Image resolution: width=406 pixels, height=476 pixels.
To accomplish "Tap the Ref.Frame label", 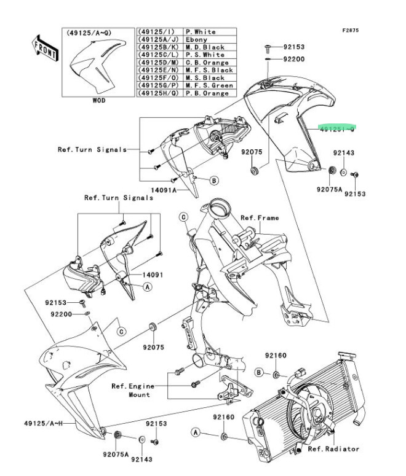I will (260, 217).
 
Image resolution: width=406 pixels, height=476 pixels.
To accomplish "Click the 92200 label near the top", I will (293, 60).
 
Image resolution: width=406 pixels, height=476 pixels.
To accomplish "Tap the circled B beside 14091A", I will (213, 181).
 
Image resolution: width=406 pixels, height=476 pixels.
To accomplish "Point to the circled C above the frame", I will (183, 216).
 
